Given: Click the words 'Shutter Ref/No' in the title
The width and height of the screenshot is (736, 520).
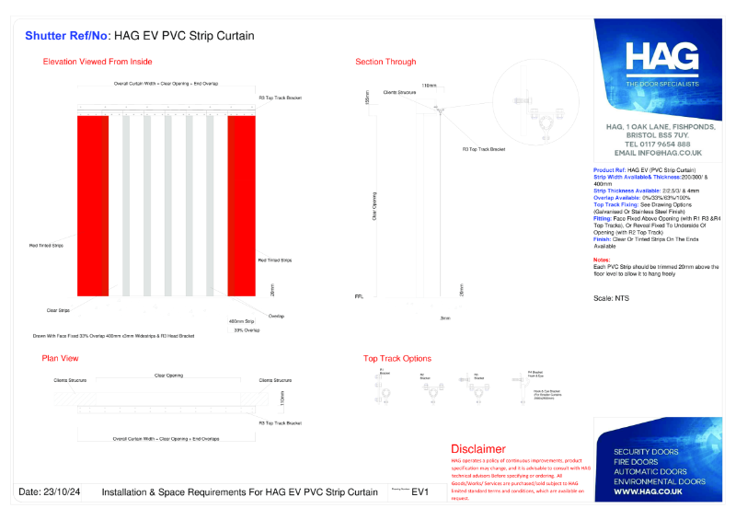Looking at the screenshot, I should point(65,36).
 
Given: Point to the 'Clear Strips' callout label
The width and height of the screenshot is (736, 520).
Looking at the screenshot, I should point(58,310).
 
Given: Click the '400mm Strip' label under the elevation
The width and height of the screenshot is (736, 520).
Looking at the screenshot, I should point(242,321).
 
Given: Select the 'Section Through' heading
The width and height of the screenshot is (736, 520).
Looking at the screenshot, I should point(385,62).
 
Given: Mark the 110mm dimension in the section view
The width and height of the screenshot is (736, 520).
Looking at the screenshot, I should point(429,86).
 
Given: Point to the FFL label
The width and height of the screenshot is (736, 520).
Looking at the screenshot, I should point(359,297).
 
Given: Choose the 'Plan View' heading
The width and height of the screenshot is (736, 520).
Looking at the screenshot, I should point(61,358).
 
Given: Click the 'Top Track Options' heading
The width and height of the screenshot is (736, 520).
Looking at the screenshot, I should point(397,358).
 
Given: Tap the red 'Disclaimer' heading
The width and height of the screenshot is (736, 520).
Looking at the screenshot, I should point(477,448).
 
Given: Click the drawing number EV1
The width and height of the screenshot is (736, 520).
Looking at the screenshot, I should point(420,492).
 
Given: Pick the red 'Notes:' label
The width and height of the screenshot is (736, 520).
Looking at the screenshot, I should point(603,260).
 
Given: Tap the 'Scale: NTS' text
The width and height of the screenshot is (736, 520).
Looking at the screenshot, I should point(612,299).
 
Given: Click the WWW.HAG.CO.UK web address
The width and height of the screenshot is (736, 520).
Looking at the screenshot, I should point(648,492).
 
